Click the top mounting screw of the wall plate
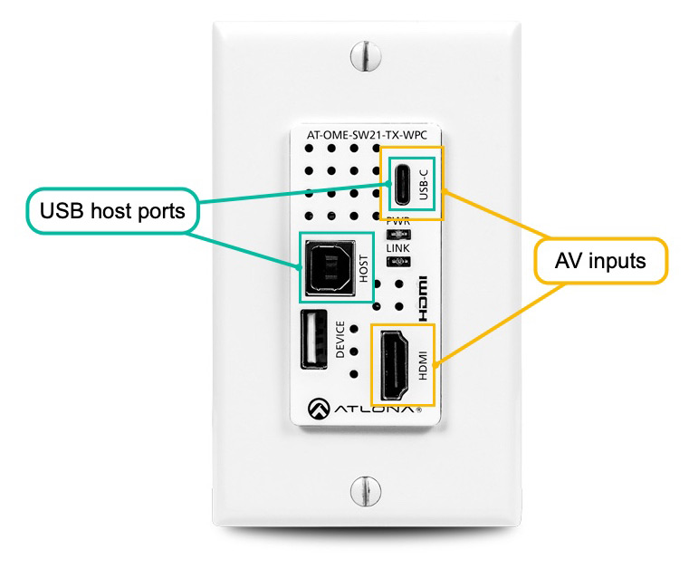coord(366,56)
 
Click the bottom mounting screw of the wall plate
coord(366,491)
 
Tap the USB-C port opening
coord(402,185)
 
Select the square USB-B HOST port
coord(330,267)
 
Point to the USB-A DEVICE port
coord(314,339)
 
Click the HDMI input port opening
coord(395,365)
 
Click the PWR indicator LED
coord(398,235)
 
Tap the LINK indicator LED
coord(398,262)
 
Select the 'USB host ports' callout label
coord(112,211)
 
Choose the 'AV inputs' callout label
coord(600,261)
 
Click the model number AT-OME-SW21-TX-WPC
coord(367,135)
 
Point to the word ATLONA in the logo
coord(374,409)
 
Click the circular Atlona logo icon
coord(319,409)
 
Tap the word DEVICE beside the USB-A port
coord(340,340)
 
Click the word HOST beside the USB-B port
coord(363,268)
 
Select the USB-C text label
coord(423,185)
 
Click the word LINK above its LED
coord(397,248)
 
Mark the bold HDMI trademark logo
coord(421,298)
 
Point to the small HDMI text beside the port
coord(422,365)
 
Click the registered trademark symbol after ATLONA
coord(418,410)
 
